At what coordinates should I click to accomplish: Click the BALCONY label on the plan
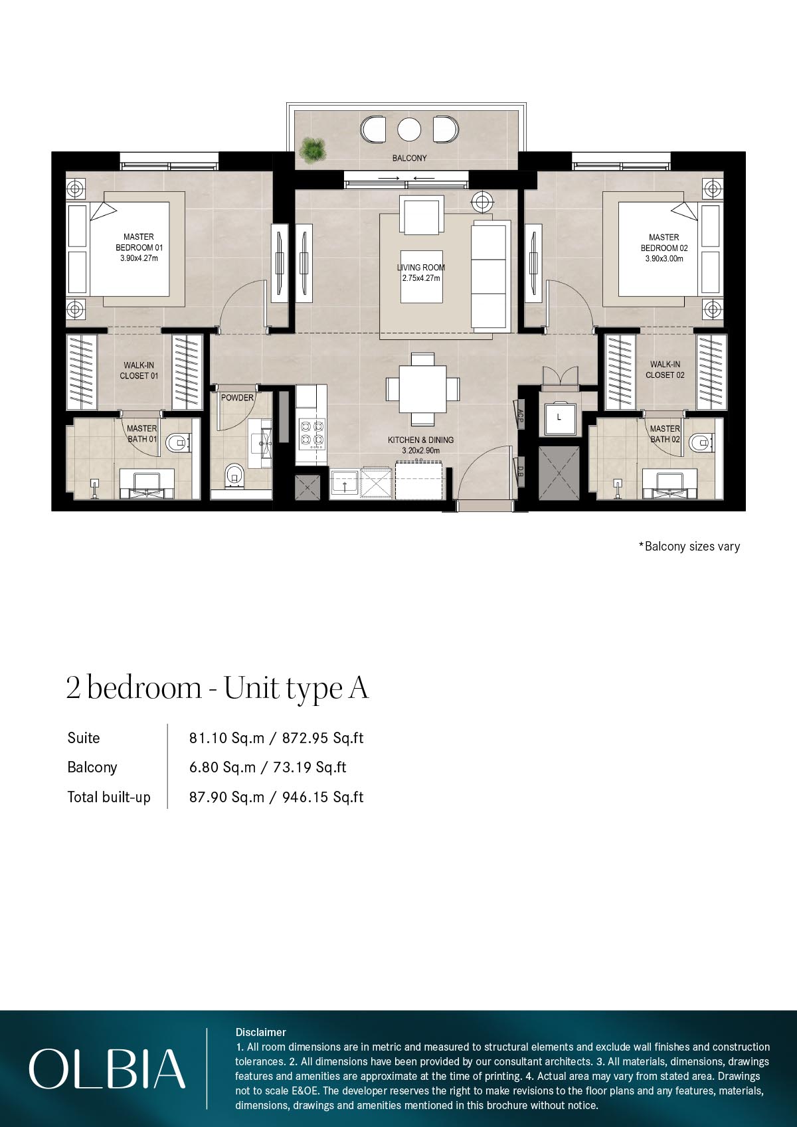(x=409, y=158)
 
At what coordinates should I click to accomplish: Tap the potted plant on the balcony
(x=313, y=149)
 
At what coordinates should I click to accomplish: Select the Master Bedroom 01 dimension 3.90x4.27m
(x=139, y=259)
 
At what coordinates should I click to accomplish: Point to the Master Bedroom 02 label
(x=664, y=242)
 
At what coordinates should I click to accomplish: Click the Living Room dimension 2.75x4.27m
(x=421, y=278)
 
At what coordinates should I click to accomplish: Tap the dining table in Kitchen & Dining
(x=423, y=390)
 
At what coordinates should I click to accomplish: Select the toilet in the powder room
(x=234, y=474)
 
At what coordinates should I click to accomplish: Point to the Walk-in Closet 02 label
(x=664, y=369)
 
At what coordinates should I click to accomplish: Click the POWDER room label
(x=237, y=398)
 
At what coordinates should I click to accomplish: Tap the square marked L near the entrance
(x=559, y=418)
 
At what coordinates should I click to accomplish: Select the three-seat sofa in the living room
(x=489, y=278)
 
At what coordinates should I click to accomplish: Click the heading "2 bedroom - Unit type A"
(x=217, y=688)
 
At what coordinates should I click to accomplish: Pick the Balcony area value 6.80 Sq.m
(x=222, y=768)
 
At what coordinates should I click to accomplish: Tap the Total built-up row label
(x=109, y=797)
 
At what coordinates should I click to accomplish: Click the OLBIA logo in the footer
(x=106, y=1069)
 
